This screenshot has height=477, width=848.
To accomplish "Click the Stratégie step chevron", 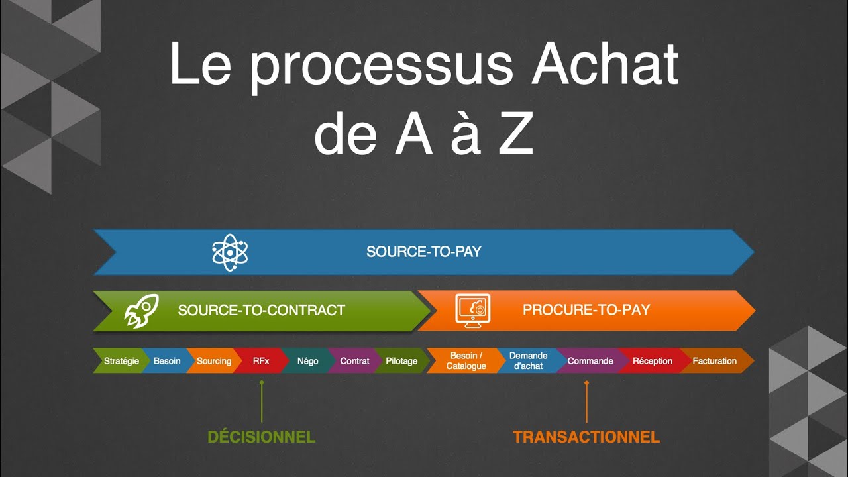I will [x=121, y=361].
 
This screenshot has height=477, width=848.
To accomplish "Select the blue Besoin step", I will [x=167, y=361].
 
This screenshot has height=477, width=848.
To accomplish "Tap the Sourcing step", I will [x=214, y=361].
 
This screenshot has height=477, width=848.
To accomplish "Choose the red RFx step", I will [x=261, y=361].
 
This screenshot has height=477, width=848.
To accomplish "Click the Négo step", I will [x=307, y=361].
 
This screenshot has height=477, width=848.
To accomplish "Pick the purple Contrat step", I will [x=354, y=361].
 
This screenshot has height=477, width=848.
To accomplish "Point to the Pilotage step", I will [x=401, y=361].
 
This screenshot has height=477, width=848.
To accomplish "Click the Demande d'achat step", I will [x=528, y=361].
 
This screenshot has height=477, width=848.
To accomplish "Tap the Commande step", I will [x=590, y=361].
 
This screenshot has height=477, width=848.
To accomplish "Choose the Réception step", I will [x=652, y=361].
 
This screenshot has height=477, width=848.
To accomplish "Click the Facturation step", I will [x=714, y=361].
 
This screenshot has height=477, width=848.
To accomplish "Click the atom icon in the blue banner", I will [x=230, y=252].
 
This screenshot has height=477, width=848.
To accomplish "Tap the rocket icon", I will [x=142, y=310].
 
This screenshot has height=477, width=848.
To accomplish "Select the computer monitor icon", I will [x=473, y=310].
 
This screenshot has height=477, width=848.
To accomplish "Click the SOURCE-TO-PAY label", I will [x=423, y=252].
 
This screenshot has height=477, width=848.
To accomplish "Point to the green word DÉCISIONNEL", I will [x=261, y=437].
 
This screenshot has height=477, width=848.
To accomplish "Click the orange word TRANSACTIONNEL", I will [x=586, y=437].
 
